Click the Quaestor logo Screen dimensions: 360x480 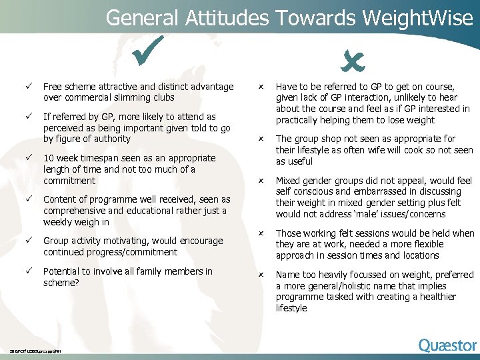point(447,345)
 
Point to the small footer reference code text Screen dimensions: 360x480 point(40,351)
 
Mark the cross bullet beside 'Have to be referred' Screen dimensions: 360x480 point(262,87)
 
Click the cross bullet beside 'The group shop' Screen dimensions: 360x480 point(262,139)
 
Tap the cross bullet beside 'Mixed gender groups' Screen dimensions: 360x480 point(262,181)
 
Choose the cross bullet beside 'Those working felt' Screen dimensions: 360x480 point(262,233)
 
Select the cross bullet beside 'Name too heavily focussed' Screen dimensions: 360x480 point(262,275)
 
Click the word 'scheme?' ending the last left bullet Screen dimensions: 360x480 point(61,283)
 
